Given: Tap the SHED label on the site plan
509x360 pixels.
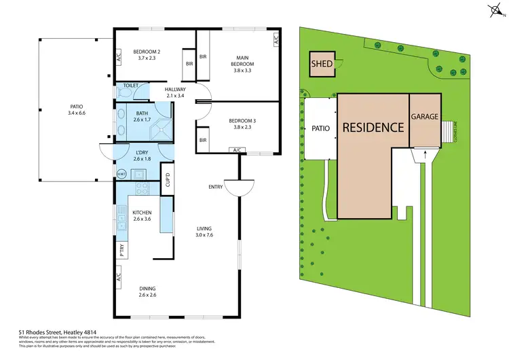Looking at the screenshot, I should tap(321, 65).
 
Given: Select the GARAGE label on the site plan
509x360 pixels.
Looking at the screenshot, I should tap(425, 117).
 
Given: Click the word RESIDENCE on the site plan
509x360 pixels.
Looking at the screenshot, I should tap(373, 127).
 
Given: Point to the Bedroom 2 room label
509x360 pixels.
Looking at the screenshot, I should tap(147, 52).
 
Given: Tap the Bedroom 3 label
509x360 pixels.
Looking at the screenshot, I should tap(242, 118).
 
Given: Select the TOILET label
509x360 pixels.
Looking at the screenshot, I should tap(130, 86).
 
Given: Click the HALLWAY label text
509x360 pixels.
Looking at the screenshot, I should tap(175, 89).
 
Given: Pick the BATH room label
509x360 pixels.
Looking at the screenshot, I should tap(142, 113).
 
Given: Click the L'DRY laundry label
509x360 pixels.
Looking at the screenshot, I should tap(141, 153).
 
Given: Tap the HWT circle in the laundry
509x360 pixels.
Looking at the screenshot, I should tap(121, 173).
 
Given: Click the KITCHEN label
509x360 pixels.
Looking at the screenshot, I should tap(141, 213).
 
